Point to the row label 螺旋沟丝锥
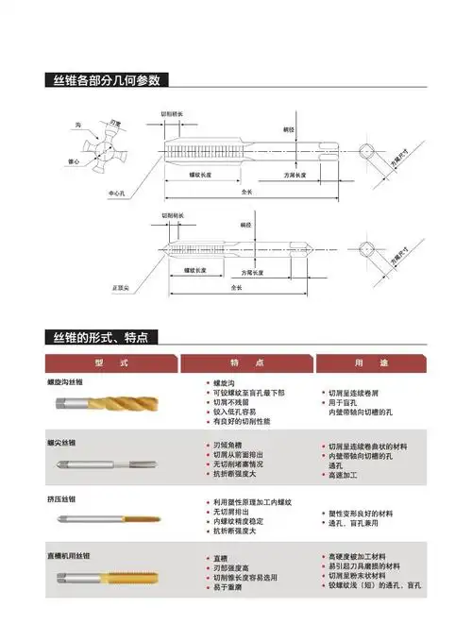tap(65, 381)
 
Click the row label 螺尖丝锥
tap(61, 442)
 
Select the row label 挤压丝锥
tap(61, 498)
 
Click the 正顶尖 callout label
tap(121, 284)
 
